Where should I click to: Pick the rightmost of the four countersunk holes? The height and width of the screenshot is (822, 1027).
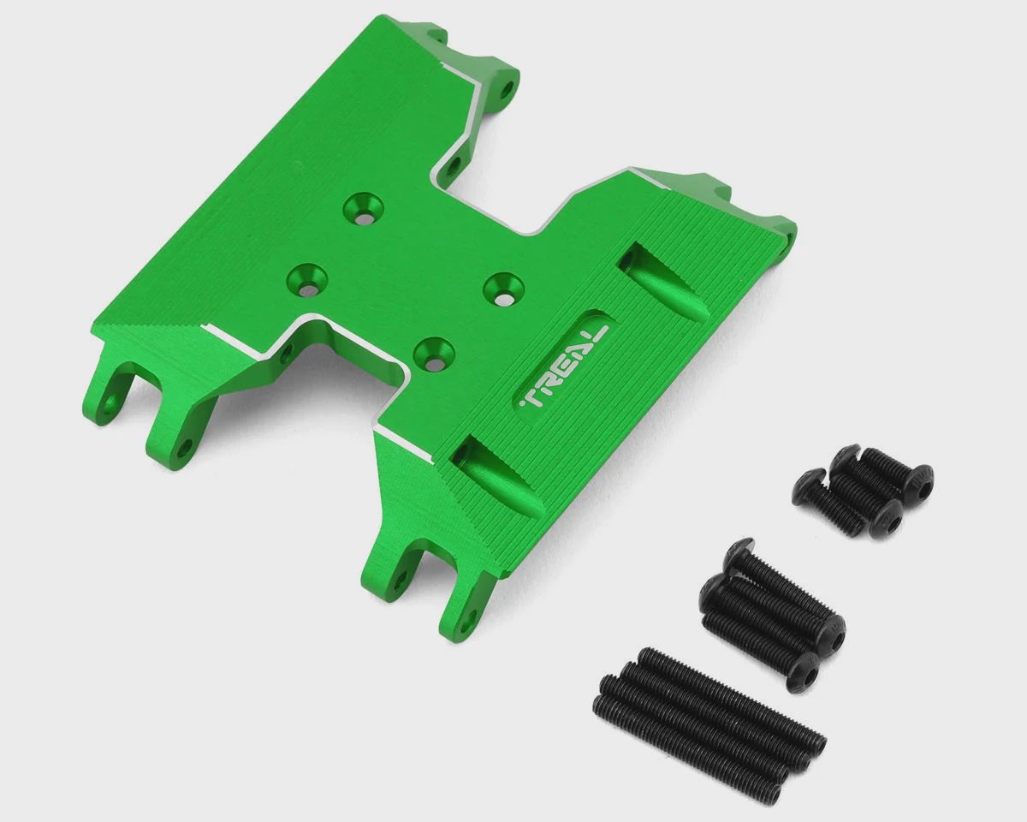503,289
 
